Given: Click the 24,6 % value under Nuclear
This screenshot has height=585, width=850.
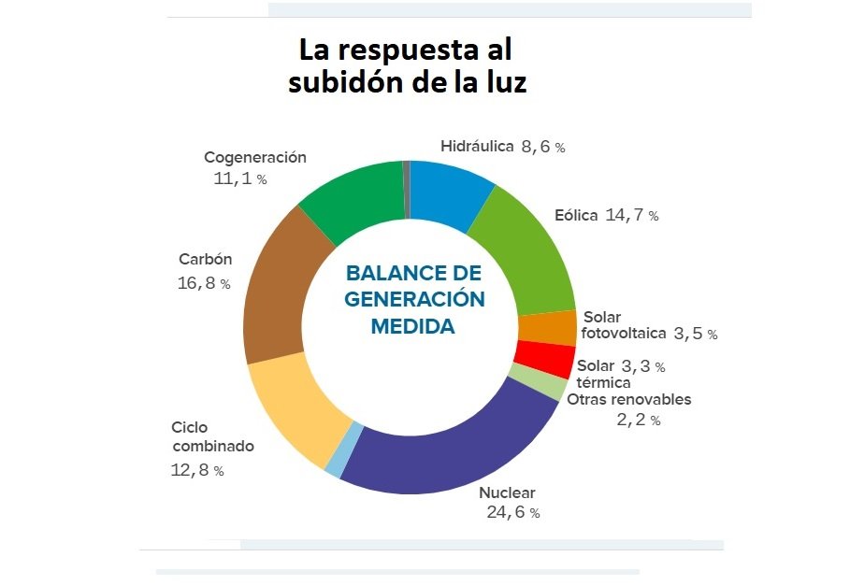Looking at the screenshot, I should tap(512, 512).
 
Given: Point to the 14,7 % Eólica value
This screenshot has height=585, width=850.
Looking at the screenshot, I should tap(632, 216).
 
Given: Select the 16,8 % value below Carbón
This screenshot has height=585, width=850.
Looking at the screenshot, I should tap(203, 282).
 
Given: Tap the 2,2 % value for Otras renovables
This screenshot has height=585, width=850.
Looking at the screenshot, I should tap(638, 421).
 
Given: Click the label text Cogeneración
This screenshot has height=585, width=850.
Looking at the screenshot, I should tap(255, 157).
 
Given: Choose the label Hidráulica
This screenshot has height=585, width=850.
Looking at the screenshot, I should tap(477, 146).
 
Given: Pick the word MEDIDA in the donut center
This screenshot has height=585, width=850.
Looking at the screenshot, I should tap(412, 327).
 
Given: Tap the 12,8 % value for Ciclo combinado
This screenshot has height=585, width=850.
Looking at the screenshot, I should tap(197, 470).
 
